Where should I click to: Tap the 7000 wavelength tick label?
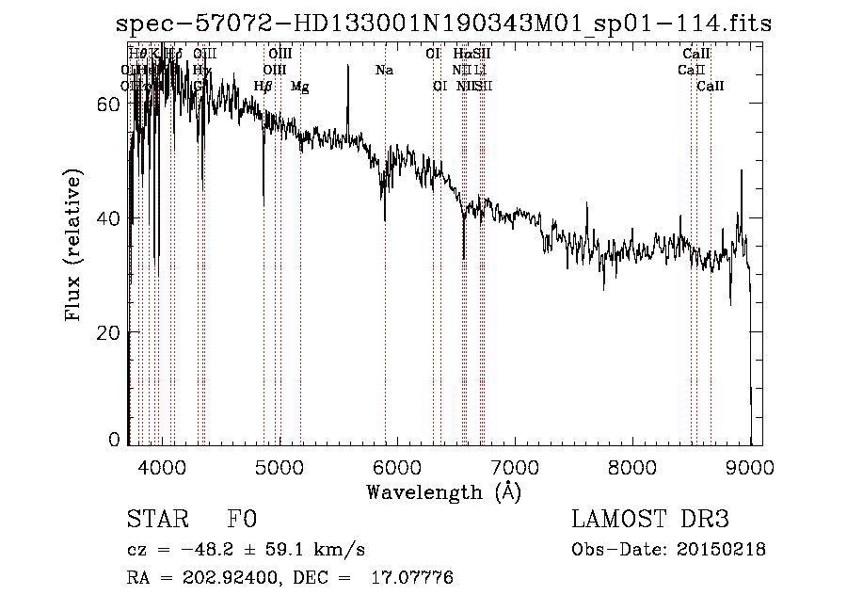pyautogui.click(x=514, y=465)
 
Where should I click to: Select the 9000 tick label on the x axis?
pyautogui.click(x=750, y=465)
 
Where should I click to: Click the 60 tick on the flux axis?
pyautogui.click(x=111, y=105)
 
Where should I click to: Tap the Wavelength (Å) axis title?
pyautogui.click(x=443, y=491)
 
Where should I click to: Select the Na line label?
pyautogui.click(x=384, y=71)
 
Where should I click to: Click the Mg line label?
pyautogui.click(x=299, y=87)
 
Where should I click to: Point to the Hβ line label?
pyautogui.click(x=263, y=87)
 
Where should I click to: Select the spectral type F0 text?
pyautogui.click(x=242, y=521)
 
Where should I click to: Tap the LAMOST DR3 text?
pyautogui.click(x=650, y=521)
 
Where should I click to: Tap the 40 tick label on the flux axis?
pyautogui.click(x=111, y=218)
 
